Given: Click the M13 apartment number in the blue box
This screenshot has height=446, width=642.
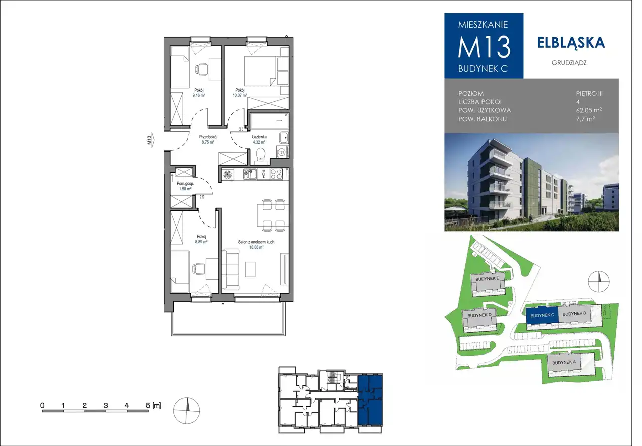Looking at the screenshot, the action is point(484,47).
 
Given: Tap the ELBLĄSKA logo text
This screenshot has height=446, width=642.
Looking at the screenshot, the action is point(571,43).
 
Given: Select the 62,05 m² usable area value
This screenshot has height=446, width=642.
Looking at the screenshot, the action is point(589,110).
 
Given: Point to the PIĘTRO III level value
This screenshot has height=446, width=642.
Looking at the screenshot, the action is point(589,94).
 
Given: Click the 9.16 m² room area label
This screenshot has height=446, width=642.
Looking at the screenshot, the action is point(198,95).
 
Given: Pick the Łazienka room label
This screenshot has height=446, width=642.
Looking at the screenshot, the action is point(259,137).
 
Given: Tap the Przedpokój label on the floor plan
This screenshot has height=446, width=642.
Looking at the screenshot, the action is point(208,137).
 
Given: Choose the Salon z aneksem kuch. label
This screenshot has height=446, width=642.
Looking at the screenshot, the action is point(256,242).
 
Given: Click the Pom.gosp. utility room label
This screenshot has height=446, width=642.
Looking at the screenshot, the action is point(185,184).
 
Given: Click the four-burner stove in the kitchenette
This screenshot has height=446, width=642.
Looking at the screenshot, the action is point(276,174).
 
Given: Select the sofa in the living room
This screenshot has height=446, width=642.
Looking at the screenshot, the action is point(231,269).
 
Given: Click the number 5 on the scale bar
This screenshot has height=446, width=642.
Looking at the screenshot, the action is point(148,405).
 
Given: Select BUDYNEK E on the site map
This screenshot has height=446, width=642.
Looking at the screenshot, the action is point(487,278).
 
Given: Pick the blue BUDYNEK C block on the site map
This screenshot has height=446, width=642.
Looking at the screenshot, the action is point(542,316).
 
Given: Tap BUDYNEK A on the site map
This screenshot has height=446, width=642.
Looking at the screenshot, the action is point(564,362).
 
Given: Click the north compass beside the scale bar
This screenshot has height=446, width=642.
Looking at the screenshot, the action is point(186,410).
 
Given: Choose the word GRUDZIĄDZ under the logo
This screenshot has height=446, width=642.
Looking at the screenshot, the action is point(569,63).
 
